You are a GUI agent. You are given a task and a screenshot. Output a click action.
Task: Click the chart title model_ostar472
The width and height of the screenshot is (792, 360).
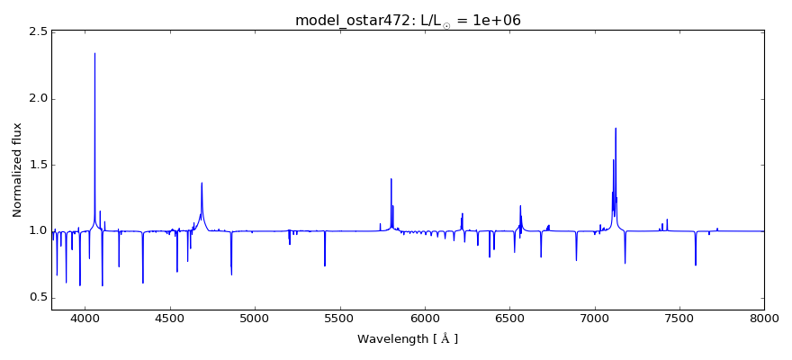pos(408,20)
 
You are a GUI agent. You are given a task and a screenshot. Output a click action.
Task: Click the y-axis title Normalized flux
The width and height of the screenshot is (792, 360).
pos(17,170)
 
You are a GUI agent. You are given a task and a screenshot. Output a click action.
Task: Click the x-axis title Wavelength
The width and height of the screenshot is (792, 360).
pos(408,339)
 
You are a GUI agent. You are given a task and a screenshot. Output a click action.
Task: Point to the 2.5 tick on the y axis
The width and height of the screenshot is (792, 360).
pos(38,32)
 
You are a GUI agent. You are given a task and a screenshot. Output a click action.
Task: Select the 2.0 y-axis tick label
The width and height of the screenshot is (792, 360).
pos(38,99)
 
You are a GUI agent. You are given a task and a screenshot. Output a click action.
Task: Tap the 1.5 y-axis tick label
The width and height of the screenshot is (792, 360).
pos(38,165)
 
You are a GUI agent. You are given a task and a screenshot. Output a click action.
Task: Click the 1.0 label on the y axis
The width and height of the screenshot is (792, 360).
pos(38,231)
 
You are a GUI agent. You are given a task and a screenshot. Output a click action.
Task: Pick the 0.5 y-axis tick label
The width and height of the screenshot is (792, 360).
pos(38,297)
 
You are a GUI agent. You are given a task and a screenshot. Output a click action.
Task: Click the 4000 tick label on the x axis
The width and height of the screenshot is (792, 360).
pos(85,318)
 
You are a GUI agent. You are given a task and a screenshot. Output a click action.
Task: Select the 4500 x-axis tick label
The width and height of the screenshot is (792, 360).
pos(170,318)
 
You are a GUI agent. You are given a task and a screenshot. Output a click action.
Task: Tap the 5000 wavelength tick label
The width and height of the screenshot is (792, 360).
pos(255,318)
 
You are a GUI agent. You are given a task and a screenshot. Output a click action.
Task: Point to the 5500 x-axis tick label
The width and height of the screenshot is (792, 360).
pos(340,318)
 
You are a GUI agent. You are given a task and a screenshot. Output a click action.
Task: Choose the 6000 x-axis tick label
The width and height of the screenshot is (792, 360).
pos(425,318)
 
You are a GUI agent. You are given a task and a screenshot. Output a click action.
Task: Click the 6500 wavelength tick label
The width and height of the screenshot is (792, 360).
pos(509,318)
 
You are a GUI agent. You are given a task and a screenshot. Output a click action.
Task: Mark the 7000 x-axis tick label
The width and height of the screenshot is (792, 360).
pos(594,318)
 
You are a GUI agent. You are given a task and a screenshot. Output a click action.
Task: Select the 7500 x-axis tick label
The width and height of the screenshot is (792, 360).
pos(679,318)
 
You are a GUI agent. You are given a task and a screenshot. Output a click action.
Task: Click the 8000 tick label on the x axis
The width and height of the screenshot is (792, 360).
pos(764,318)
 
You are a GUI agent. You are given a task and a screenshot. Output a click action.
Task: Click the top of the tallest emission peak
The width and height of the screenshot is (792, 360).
pos(94,53)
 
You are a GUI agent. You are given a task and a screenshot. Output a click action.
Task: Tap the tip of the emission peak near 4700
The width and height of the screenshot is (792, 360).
pos(202,183)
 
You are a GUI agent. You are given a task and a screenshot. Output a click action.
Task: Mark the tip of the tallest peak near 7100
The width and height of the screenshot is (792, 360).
pos(616,128)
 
